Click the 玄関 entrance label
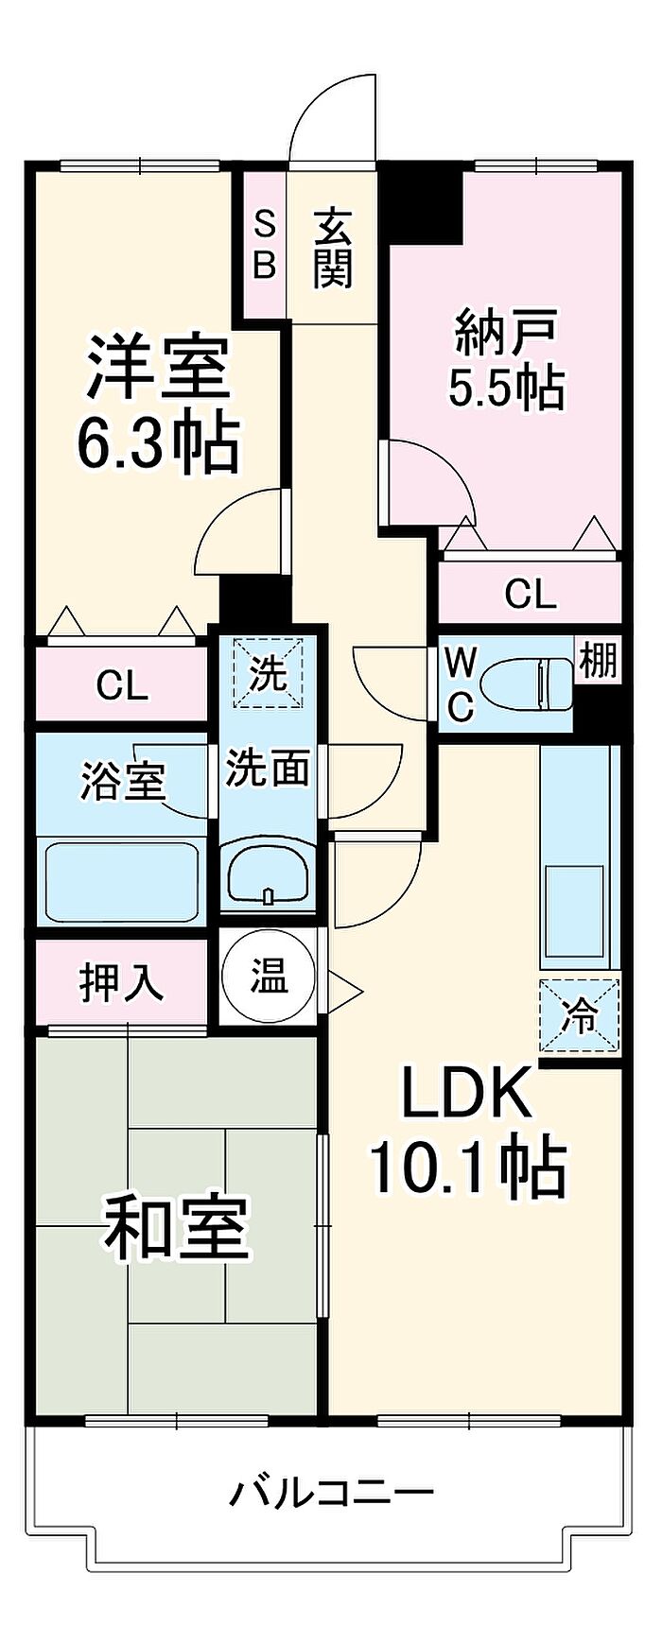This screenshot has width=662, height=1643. pos(334,249)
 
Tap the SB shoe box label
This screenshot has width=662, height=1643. pos(266,246)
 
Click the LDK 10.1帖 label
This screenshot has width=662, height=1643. pos(468,1130)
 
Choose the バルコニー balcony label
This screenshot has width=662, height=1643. pos(332,1493)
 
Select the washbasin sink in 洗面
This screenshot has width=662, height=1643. pos(269,871)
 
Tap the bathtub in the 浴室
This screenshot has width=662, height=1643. pos(121,882)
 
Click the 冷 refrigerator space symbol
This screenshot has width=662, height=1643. pos(581,1016)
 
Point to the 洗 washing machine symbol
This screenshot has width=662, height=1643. pos(269,673)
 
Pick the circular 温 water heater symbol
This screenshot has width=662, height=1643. pos(269,977)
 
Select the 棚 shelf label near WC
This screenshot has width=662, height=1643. pos(598,661)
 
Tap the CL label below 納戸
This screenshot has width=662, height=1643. pos(530,595)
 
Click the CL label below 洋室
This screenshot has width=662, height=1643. pos(122,685)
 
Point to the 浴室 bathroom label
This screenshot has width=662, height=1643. pos(122,783)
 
